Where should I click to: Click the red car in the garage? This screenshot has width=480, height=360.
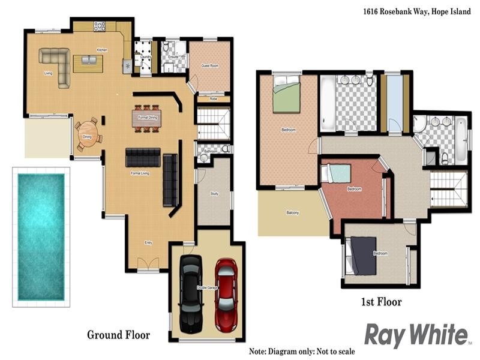226,294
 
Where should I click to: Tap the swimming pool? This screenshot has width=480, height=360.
40,236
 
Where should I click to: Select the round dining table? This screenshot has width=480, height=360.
88,131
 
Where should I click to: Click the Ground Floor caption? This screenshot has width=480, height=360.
118,335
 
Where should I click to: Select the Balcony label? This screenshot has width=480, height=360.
292,213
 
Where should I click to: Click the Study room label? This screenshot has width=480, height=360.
214,193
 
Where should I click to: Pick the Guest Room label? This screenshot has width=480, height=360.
209,65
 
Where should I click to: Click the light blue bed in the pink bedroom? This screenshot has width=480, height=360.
340,173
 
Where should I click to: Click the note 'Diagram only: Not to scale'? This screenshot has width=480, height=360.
302,351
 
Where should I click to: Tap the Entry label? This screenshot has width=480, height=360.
148,242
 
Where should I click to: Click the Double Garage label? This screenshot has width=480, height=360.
207,288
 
